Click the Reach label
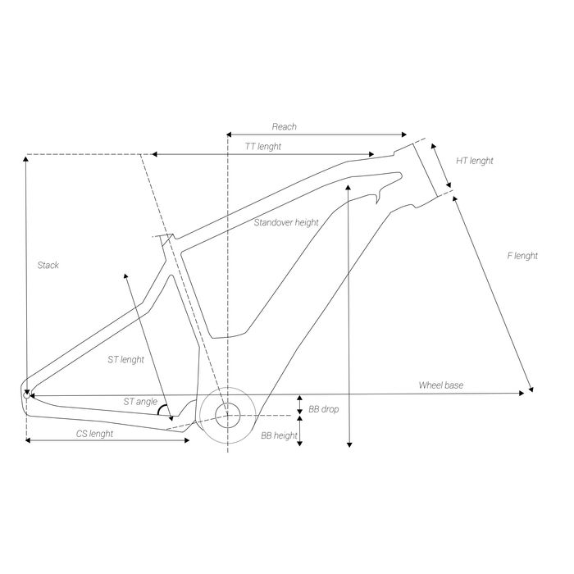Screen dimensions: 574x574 pos(284,127)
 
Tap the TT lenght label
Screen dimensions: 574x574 pos(263,145)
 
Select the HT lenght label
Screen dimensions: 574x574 pos(475,161)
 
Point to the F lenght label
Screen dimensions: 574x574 pos(522,256)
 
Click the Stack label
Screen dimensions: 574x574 pos(48,265)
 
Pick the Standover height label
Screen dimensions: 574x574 pos(285,222)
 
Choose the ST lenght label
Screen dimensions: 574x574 pos(126,359)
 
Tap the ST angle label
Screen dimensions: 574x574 pos(140,402)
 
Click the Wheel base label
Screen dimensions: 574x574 pos(441,385)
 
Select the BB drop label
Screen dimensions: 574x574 pos(324,408)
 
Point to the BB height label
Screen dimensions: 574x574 pos(279,436)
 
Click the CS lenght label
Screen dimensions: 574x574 pos(89,433)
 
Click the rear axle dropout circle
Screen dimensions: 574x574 pos(27,394)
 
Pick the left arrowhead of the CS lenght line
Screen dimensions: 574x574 pos(30,441)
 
